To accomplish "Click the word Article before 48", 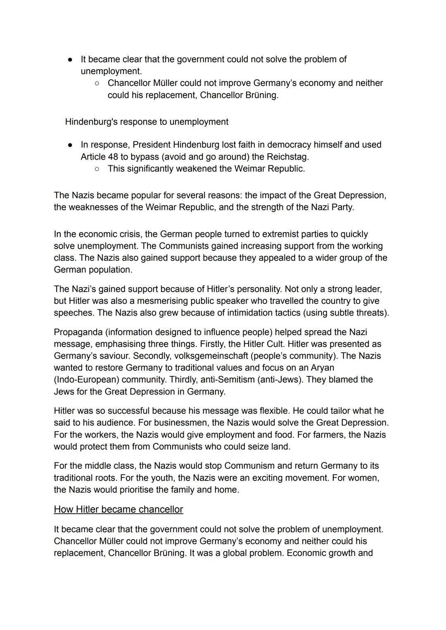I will tap(93, 157).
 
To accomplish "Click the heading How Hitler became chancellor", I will tap(118, 509).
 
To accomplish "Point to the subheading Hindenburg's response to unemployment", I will tap(147, 122).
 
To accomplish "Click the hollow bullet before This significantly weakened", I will tap(97, 169).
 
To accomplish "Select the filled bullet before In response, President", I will tap(71, 145).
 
